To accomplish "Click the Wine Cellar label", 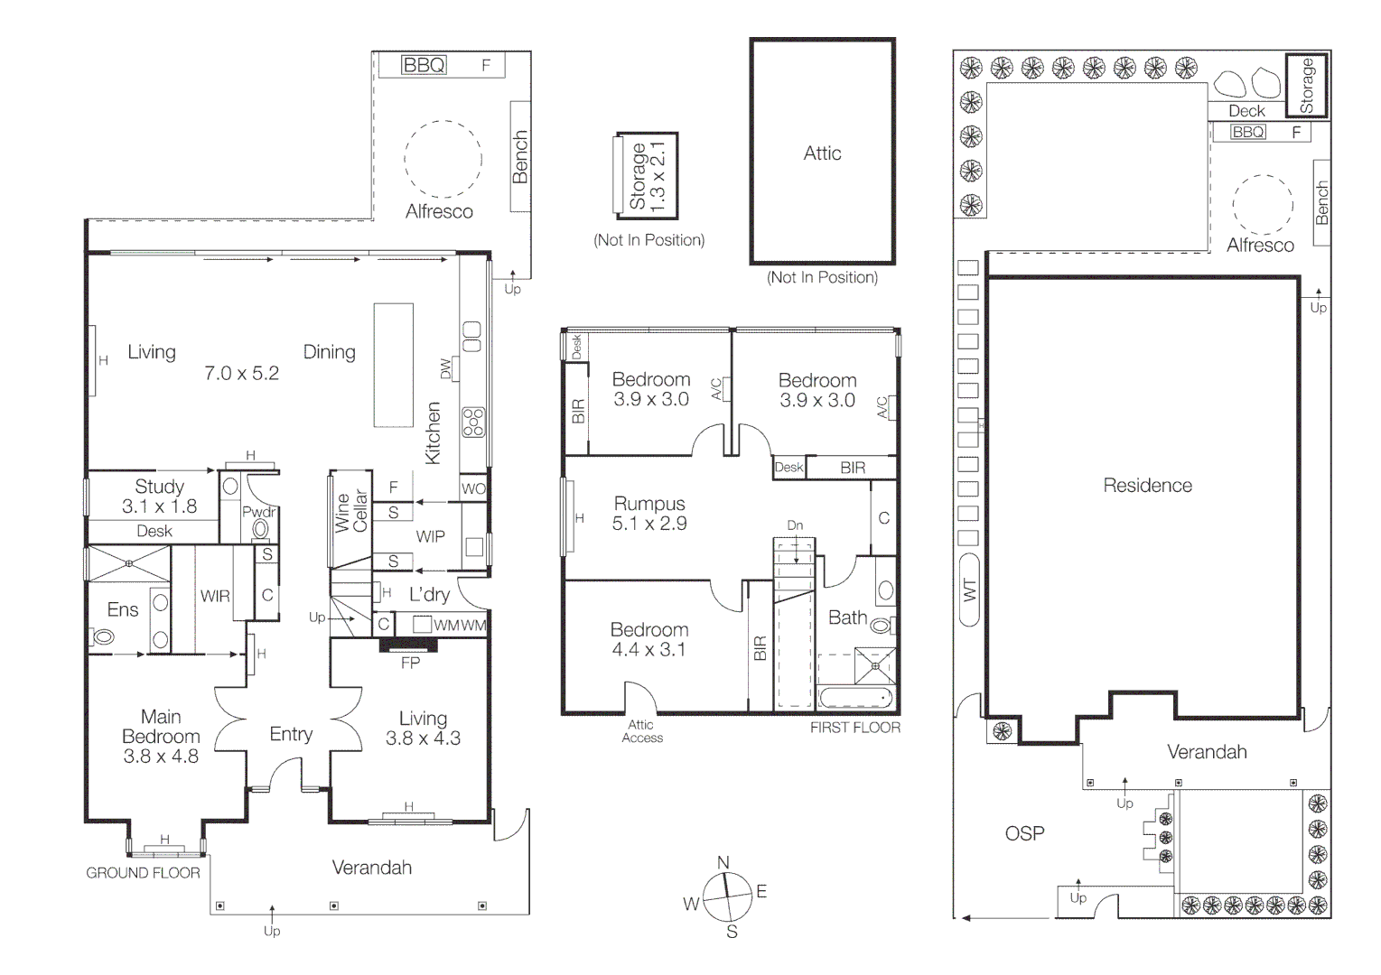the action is coord(351,512).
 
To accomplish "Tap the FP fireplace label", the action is coord(411,664).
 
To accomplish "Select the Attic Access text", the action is coord(642,731).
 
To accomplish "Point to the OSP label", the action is coord(1024,834).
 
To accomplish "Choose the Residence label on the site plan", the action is coord(1147,486).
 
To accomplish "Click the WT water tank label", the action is coord(970,590).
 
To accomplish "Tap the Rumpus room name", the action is coord(649,504).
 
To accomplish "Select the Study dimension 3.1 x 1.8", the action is coord(159,506).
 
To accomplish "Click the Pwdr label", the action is coord(259,512).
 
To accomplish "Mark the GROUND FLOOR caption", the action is coord(143,873).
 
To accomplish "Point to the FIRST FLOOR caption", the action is coord(855,728).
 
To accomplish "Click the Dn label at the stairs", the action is coord(795,525).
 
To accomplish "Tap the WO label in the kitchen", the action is coord(473,488).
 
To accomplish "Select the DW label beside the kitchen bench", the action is coord(446,368).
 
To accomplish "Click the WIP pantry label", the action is coord(430,537).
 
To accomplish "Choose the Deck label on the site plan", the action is coord(1246,111).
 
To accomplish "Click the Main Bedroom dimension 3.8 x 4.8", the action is coord(161,757).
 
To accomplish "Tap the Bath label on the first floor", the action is coord(848,617).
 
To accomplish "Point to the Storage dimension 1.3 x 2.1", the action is coord(658,177).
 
